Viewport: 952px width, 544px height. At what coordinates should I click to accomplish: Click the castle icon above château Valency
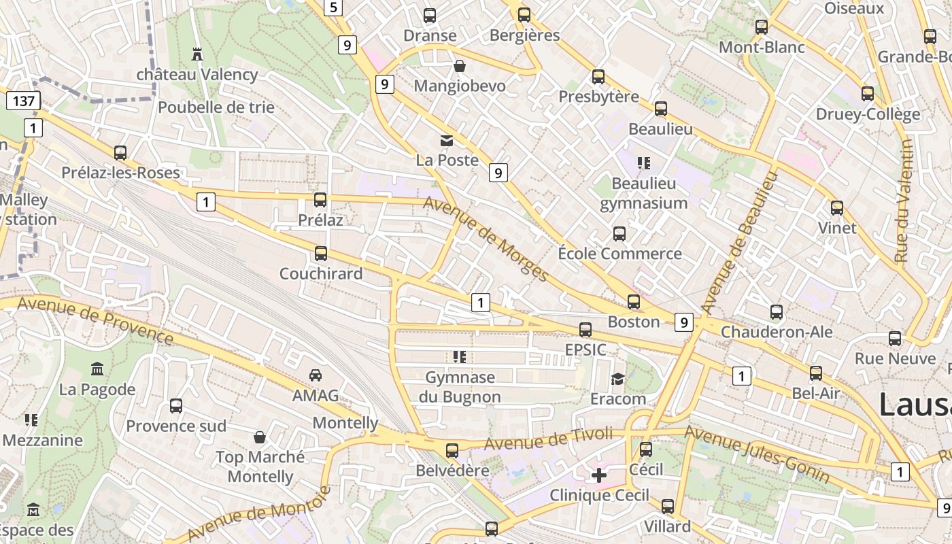(197, 54)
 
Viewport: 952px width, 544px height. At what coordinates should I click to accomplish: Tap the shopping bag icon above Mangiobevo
(460, 66)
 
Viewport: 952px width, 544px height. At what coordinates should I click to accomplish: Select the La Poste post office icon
(447, 141)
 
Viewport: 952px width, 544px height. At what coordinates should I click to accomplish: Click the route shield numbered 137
(23, 101)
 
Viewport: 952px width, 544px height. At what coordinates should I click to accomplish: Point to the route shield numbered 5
(333, 7)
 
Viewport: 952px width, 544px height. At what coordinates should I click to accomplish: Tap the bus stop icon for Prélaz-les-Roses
(120, 153)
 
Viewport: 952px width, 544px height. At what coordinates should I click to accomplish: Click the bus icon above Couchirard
(320, 254)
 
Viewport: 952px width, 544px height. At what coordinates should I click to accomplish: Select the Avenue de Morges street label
(486, 239)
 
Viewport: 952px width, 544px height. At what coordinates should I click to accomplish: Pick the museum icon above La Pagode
(97, 369)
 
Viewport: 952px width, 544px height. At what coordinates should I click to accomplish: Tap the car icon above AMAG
(316, 375)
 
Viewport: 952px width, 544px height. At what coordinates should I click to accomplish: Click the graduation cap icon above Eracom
(617, 379)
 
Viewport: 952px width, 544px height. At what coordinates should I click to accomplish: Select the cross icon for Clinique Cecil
(599, 475)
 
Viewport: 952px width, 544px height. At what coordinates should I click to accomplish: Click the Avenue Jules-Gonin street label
(757, 454)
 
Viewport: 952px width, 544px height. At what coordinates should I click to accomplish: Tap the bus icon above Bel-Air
(815, 373)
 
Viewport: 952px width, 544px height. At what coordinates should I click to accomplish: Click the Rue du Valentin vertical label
(903, 201)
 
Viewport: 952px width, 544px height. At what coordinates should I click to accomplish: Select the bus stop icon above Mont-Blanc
(762, 27)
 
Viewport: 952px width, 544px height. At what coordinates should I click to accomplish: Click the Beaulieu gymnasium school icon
(643, 163)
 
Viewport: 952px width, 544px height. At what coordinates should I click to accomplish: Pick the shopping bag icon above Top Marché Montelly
(259, 437)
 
